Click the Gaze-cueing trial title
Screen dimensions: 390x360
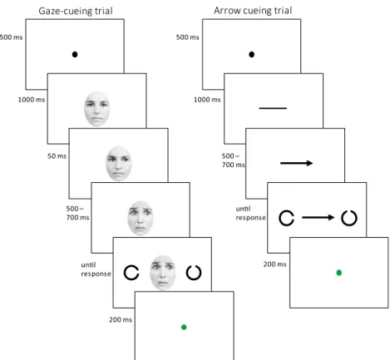tap(76, 11)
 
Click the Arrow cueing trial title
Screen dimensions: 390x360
tap(253, 11)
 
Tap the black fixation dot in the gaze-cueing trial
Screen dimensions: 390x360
tap(75, 54)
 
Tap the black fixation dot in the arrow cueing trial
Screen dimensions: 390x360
tap(251, 54)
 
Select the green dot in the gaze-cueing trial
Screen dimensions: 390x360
tap(184, 328)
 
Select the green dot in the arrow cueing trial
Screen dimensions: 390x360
tap(338, 273)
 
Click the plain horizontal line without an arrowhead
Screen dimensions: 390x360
tap(273, 108)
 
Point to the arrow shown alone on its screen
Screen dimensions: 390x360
tap(296, 163)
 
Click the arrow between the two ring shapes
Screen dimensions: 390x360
tap(318, 218)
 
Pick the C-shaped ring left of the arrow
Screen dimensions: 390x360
tap(279, 218)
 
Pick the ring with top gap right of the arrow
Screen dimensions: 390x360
tap(343, 219)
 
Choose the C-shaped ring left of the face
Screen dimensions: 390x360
tap(125, 273)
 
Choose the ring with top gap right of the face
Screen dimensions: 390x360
tap(187, 274)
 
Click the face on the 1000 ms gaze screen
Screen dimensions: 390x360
tap(97, 109)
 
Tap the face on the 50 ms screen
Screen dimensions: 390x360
tap(119, 164)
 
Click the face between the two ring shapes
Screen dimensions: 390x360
tap(163, 273)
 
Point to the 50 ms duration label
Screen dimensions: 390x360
tap(57, 156)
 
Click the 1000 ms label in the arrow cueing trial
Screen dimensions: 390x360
tap(207, 100)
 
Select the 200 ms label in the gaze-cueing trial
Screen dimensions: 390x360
tap(121, 319)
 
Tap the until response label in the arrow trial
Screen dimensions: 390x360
tap(250, 213)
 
